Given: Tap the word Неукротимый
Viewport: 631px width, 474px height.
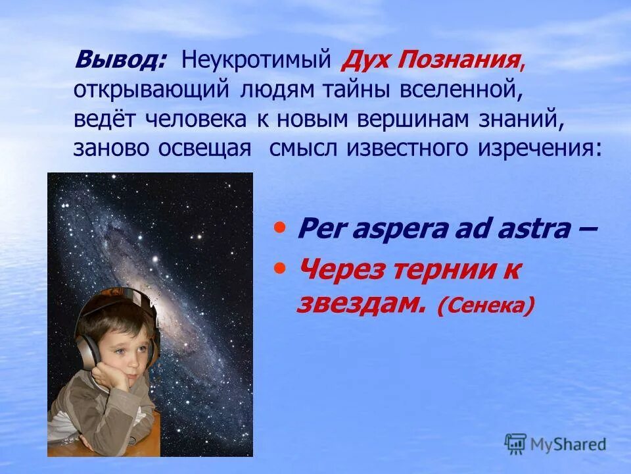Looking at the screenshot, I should click(255, 62).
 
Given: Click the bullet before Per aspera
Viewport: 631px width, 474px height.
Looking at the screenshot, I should click(281, 228).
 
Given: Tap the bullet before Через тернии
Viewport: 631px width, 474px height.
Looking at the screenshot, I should click(281, 267).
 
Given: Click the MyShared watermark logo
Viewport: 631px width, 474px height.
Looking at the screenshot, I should click(555, 443).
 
